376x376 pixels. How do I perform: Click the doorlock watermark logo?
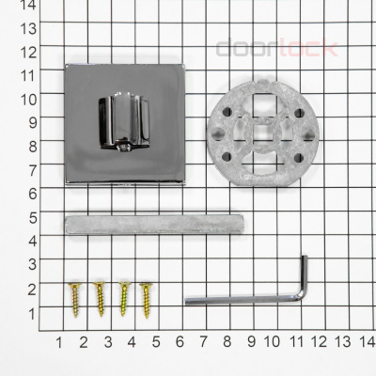click(x=277, y=48)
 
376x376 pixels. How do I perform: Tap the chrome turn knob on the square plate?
click(x=124, y=121)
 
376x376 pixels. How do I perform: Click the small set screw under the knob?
click(x=123, y=148)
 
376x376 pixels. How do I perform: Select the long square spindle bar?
click(x=154, y=225)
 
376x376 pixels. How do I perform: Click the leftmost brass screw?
click(x=75, y=300)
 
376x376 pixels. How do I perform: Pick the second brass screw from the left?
click(x=100, y=299)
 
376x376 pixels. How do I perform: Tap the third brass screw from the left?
click(x=124, y=299)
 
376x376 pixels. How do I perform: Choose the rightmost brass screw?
click(x=147, y=301)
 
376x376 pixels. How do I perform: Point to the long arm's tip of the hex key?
click(x=186, y=302)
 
